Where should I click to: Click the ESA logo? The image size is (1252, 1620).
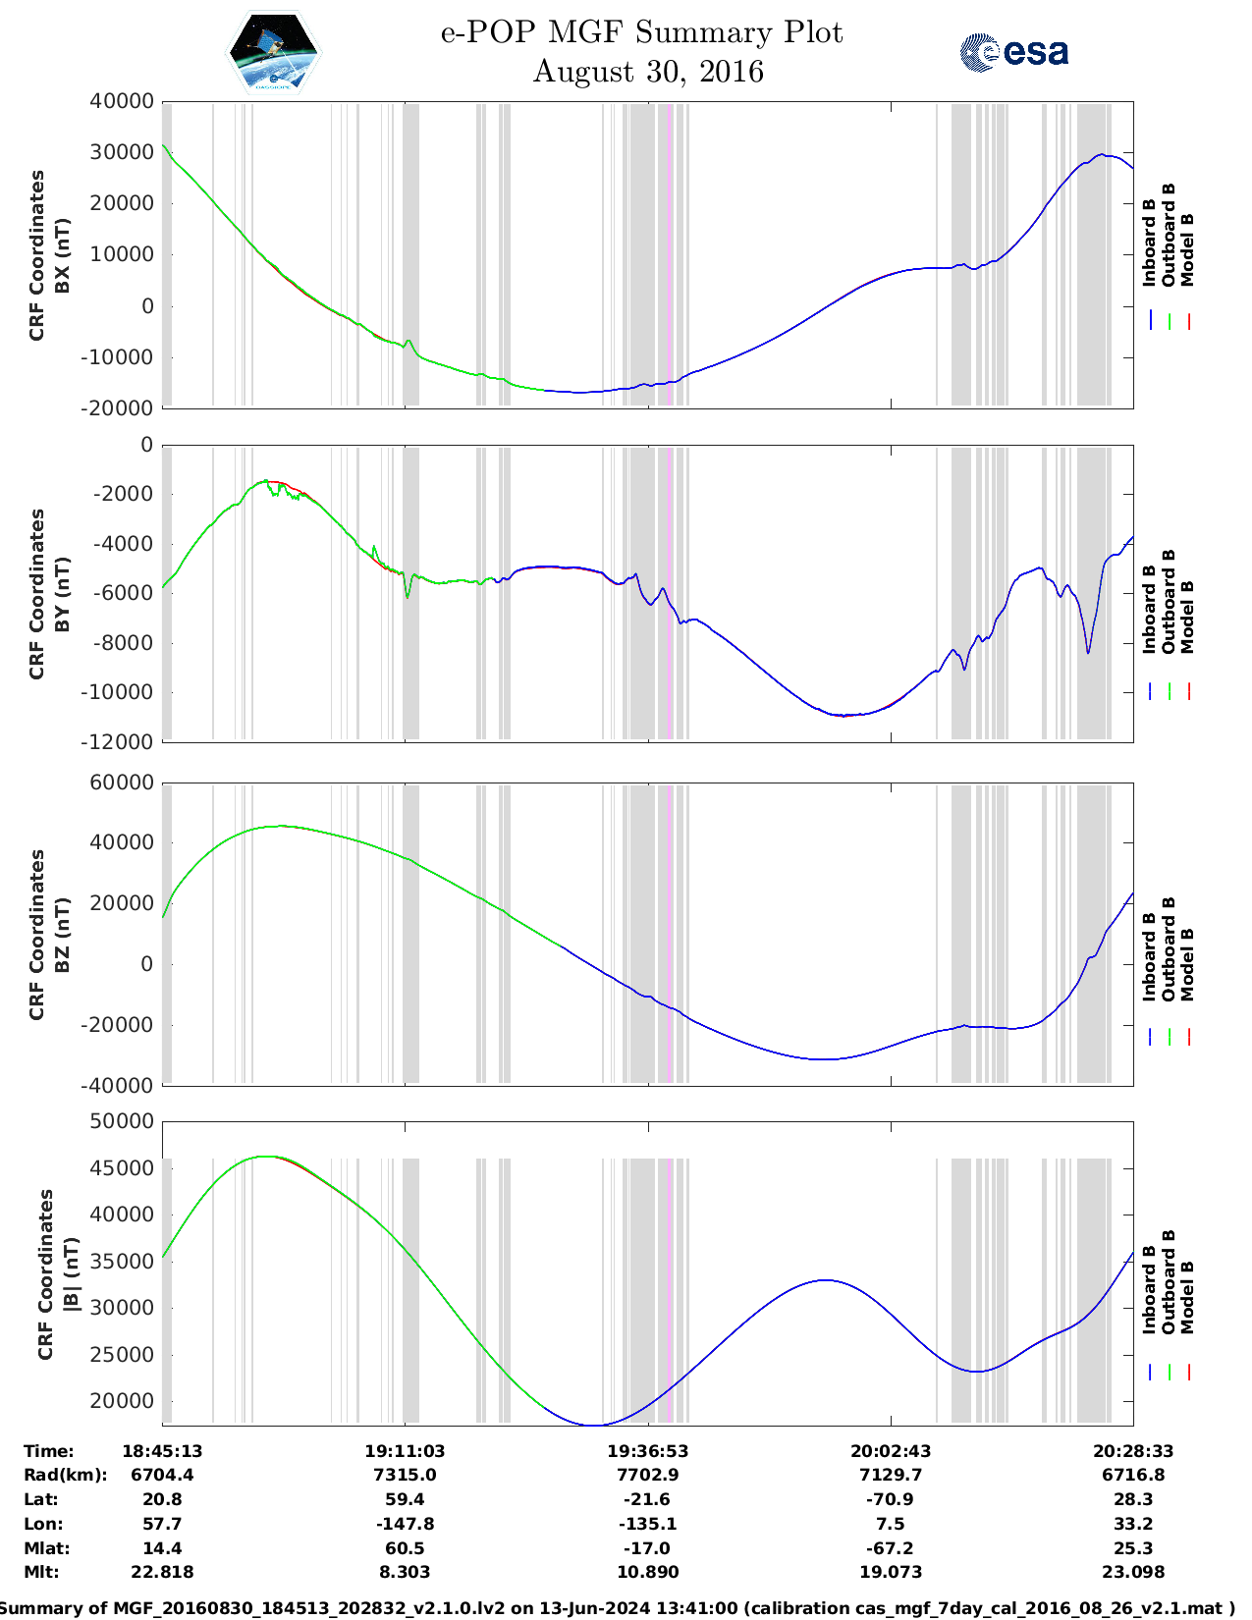click(1014, 52)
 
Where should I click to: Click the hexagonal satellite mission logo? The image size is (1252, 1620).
click(273, 51)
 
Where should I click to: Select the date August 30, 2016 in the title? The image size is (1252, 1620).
click(648, 72)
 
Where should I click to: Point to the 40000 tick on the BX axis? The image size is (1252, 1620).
click(122, 101)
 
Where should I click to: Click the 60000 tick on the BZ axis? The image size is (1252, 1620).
click(122, 783)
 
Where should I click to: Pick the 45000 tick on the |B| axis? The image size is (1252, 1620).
click(122, 1168)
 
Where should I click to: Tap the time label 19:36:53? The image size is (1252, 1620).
click(648, 1451)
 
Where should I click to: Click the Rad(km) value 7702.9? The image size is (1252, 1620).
click(648, 1475)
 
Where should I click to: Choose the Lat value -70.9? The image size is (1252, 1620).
click(891, 1499)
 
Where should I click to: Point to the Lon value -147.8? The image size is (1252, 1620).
click(405, 1524)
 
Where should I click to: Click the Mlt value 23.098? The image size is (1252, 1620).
click(1133, 1572)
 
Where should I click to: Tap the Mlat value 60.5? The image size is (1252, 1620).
click(405, 1548)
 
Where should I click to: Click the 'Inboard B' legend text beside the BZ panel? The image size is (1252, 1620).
click(1149, 957)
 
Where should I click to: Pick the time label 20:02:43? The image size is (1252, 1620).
click(891, 1451)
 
